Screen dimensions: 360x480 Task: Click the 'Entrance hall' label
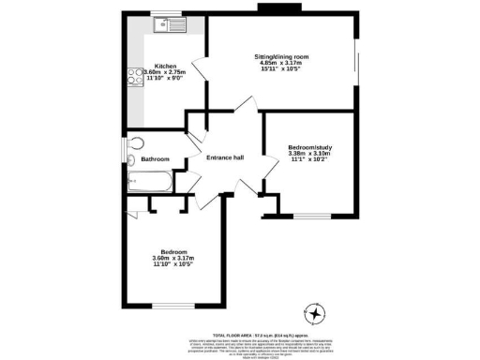tap(225, 157)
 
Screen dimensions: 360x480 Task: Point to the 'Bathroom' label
tap(155, 159)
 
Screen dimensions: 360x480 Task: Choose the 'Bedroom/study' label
tap(310, 149)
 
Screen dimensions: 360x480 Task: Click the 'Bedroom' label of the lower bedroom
tap(174, 252)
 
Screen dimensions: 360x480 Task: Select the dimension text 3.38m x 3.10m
tap(310, 156)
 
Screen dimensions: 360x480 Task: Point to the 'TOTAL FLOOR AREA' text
tap(234, 335)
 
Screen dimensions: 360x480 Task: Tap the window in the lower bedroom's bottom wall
tap(174, 306)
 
